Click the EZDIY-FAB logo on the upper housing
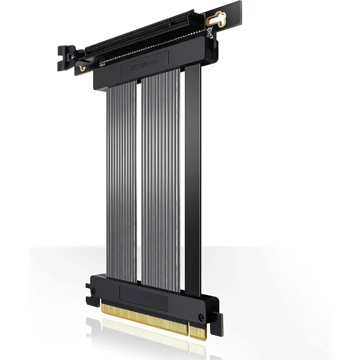click(143, 68)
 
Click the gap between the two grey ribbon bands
click(139, 180)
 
